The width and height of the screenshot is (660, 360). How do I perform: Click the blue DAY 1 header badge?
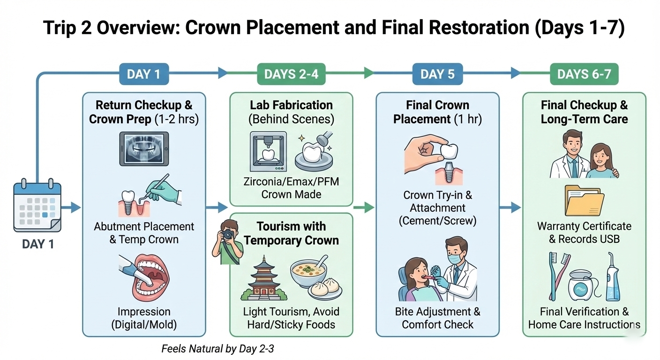point(143,74)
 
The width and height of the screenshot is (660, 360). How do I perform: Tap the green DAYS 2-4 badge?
point(291,74)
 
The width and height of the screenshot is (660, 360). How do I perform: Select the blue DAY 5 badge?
point(437,74)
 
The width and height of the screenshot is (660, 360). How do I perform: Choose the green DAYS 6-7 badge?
point(584,74)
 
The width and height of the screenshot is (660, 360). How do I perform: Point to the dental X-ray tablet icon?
point(143,148)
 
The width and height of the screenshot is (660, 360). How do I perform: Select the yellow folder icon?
point(584,201)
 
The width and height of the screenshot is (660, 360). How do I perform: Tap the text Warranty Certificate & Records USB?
point(584,232)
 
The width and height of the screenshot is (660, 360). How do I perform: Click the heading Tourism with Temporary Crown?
point(291,233)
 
